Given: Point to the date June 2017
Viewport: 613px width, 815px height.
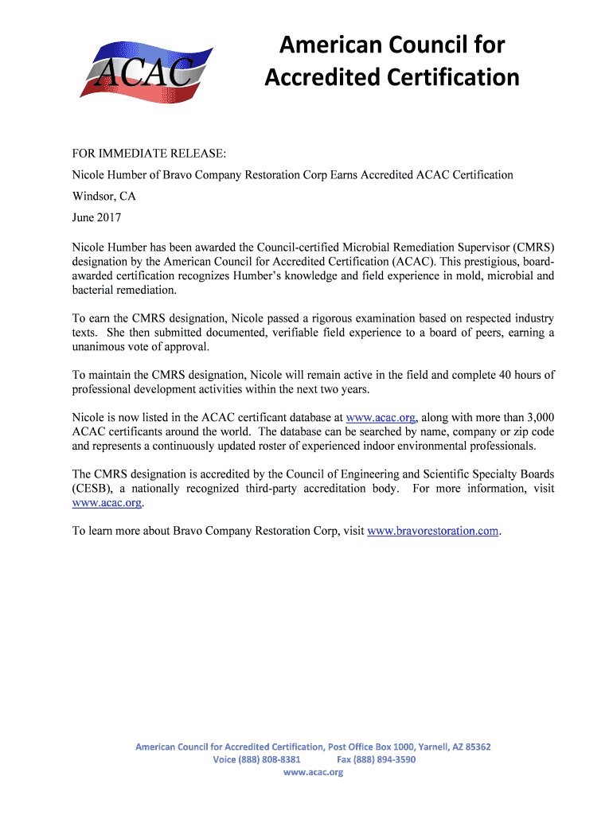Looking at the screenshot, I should point(97,217).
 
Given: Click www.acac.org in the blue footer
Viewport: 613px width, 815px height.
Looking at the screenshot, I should point(313,772).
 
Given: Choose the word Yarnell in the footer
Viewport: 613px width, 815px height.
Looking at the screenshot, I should point(419,747).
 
